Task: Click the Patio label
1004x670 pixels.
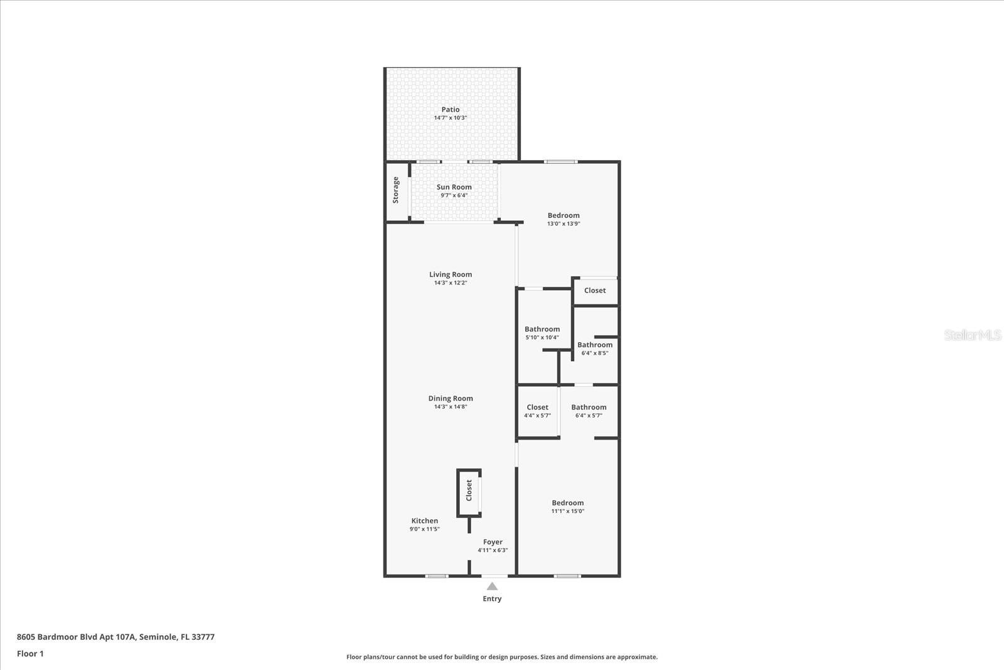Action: click(x=450, y=109)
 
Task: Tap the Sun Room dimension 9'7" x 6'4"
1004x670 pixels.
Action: click(x=454, y=195)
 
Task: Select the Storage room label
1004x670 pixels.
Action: click(x=395, y=190)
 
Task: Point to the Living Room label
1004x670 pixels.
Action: click(x=450, y=274)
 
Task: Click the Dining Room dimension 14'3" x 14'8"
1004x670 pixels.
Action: click(x=451, y=407)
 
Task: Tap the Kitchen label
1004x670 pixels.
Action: click(x=424, y=521)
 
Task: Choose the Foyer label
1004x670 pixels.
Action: click(x=493, y=542)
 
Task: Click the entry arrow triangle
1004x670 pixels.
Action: click(x=492, y=586)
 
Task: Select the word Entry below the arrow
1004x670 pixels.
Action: click(x=492, y=599)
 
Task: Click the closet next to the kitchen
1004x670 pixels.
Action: click(x=469, y=490)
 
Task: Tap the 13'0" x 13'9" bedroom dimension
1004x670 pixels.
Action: click(x=563, y=224)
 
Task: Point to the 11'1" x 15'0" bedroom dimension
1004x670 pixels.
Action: click(x=567, y=511)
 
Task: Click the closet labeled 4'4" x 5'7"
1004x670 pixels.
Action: click(x=537, y=411)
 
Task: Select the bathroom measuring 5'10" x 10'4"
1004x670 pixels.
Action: click(x=542, y=333)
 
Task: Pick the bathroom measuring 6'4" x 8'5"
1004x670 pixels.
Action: click(x=595, y=349)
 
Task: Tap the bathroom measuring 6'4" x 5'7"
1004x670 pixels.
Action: click(x=589, y=411)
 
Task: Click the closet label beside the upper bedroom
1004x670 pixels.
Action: click(x=595, y=290)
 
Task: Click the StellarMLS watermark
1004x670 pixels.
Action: click(x=972, y=335)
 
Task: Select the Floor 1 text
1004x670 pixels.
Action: click(x=30, y=654)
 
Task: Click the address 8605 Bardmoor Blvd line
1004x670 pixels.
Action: click(x=115, y=637)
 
